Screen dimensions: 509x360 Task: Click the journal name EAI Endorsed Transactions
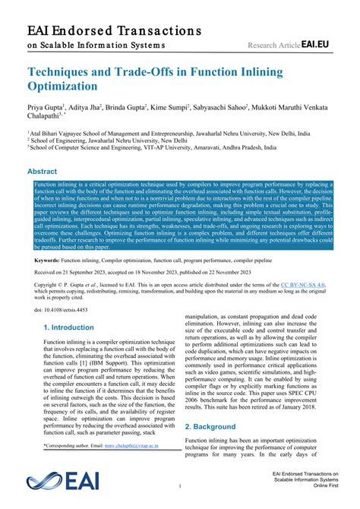[x=114, y=31]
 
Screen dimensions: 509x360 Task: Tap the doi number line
[x=62, y=310]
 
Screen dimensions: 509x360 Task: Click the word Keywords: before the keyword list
[x=47, y=260]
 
